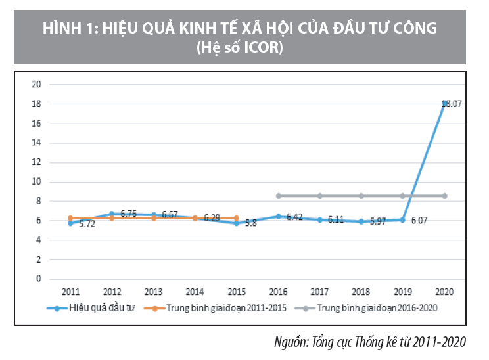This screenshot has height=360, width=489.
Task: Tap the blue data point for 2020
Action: (445, 102)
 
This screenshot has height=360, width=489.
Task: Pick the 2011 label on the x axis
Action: (71, 291)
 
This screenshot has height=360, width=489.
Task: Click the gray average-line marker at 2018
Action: (361, 196)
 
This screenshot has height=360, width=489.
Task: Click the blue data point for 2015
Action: (237, 223)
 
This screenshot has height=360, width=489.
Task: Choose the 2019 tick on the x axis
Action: (403, 291)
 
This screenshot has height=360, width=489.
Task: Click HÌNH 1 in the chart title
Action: (66, 29)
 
